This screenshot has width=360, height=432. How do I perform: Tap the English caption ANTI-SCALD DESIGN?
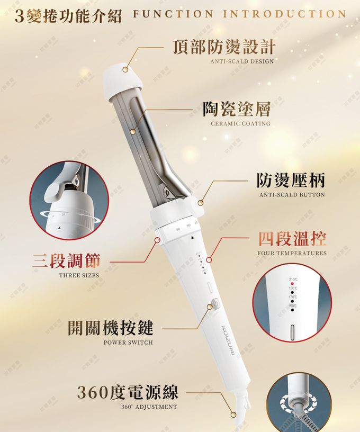(x=242, y=61)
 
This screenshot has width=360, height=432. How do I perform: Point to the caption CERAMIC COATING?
(x=240, y=124)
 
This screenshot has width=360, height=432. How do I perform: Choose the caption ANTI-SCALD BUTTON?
(x=292, y=195)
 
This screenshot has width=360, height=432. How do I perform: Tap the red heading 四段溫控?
(x=292, y=239)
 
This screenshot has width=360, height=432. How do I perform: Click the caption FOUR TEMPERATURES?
(x=292, y=254)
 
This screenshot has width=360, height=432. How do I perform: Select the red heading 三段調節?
(x=67, y=260)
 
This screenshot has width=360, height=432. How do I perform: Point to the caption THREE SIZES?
(x=79, y=275)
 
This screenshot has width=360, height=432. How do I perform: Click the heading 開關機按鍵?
(x=111, y=328)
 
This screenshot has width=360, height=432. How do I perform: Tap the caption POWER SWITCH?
(x=128, y=343)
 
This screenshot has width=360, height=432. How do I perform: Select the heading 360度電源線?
(x=128, y=392)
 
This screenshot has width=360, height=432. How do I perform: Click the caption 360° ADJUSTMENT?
(x=149, y=407)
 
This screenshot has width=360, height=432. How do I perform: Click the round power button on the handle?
(x=213, y=305)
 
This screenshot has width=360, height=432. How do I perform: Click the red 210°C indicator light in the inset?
(x=292, y=284)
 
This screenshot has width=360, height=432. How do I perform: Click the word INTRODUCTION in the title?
(x=284, y=14)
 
